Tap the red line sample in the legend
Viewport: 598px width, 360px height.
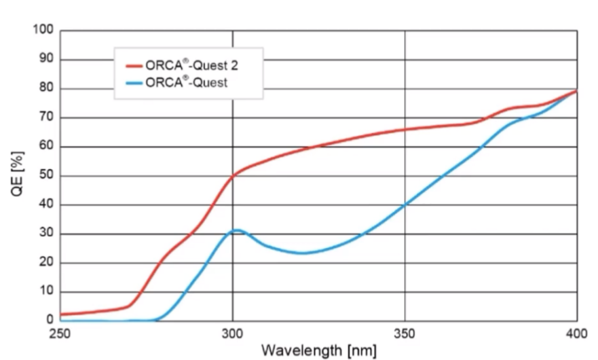point(134,67)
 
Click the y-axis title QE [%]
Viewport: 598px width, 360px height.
point(18,176)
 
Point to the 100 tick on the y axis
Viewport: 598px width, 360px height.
point(43,31)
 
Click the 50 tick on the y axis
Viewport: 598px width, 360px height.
point(46,176)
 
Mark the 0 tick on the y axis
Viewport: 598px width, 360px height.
point(50,320)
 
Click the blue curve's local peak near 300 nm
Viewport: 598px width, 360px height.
point(237,230)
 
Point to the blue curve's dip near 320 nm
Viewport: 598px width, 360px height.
point(301,253)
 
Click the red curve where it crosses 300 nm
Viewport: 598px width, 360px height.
point(233,176)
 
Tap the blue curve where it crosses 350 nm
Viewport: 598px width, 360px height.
point(405,204)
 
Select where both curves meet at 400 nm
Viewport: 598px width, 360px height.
point(576,91)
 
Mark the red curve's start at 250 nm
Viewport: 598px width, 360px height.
point(61,314)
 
